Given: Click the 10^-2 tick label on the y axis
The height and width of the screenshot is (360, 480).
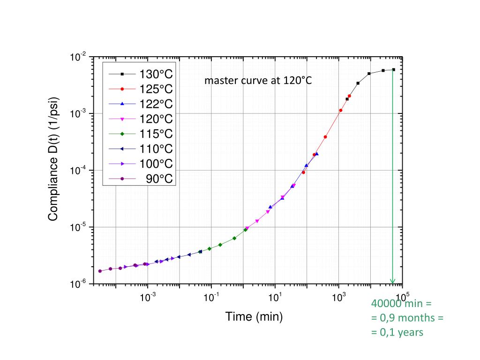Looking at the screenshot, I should [x=78, y=58].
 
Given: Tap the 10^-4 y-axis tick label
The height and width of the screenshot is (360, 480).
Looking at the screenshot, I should [x=78, y=171].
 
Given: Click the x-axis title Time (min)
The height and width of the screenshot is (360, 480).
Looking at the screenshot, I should [x=254, y=317].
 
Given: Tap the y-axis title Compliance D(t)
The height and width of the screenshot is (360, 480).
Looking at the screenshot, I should [x=53, y=159].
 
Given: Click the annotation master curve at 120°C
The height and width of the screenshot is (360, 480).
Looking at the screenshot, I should [x=258, y=81].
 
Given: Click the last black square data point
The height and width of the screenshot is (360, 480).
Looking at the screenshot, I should [x=393, y=70].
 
